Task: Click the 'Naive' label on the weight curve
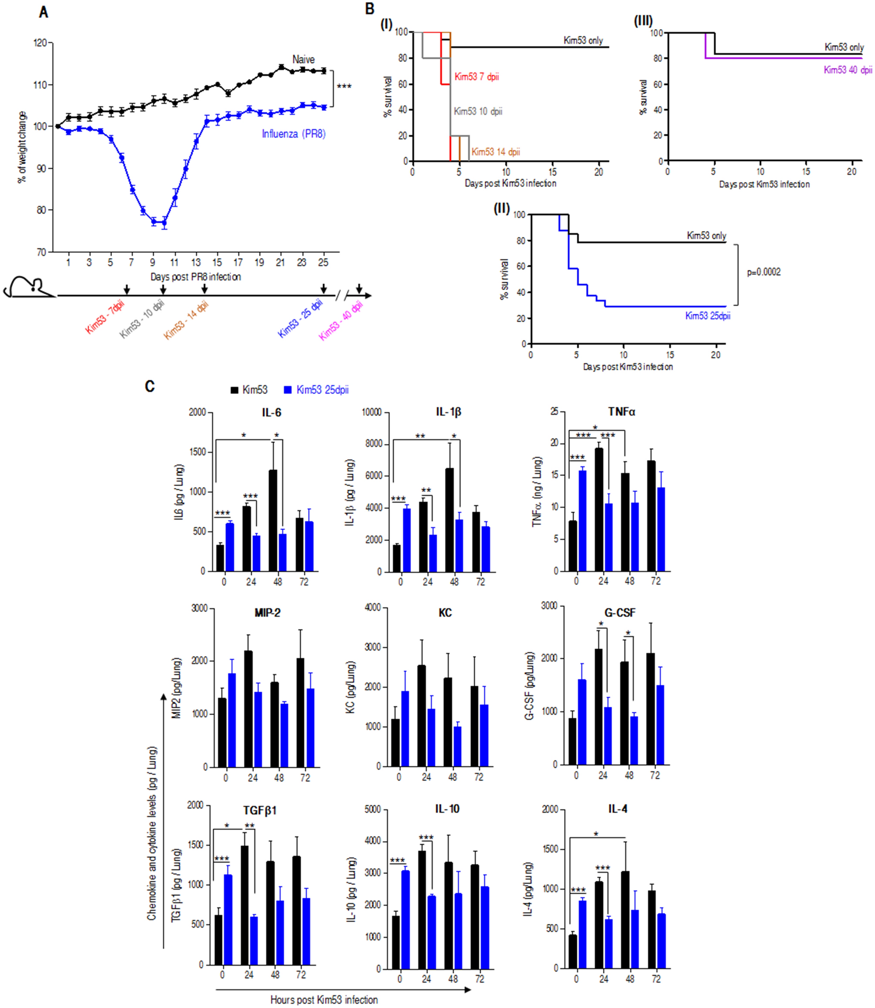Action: click(303, 59)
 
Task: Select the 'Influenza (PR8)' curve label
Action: click(293, 134)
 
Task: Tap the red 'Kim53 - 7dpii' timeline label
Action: click(105, 317)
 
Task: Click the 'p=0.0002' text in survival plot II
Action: click(764, 272)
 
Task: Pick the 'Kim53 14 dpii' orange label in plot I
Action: click(496, 152)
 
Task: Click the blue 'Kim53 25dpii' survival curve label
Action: click(708, 316)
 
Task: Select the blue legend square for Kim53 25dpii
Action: click(288, 390)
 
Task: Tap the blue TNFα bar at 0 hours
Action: click(582, 521)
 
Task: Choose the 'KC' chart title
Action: click(445, 613)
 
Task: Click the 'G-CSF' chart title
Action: click(620, 613)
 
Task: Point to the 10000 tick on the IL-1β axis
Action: click(371, 412)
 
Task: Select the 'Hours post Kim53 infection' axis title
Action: click(324, 1000)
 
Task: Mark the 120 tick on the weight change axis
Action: click(40, 43)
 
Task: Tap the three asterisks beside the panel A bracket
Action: click(344, 86)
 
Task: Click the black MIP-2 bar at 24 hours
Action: click(249, 708)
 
